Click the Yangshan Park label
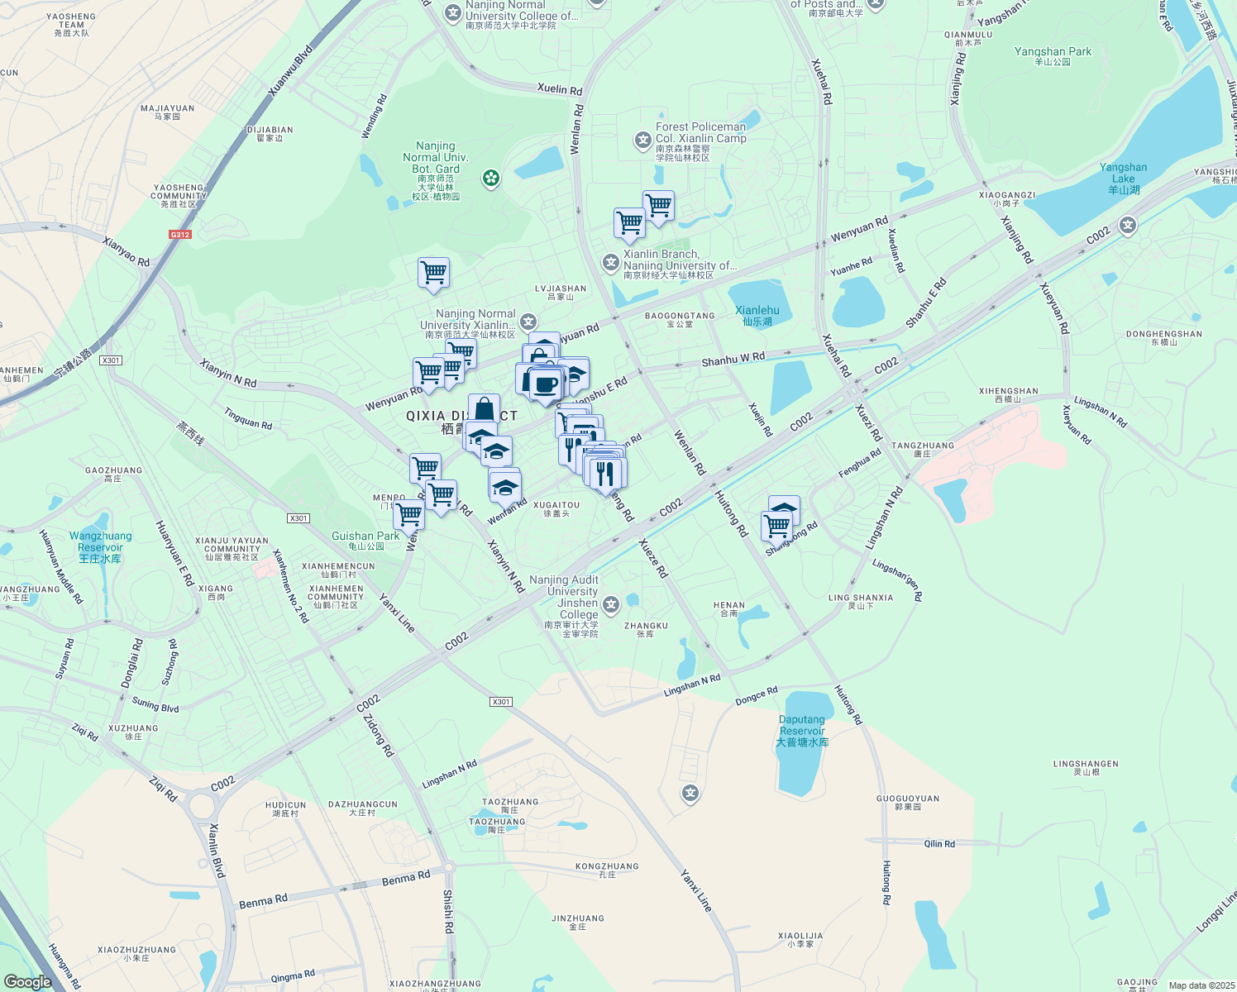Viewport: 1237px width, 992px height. coord(1053,56)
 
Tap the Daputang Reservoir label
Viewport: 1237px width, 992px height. coord(802,731)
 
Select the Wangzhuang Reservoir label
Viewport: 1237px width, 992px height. coord(100,547)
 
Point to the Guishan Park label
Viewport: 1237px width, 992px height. coord(365,540)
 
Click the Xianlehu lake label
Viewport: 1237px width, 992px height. coord(757,315)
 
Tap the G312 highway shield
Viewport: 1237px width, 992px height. coord(180,235)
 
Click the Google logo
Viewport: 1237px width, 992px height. coord(27,981)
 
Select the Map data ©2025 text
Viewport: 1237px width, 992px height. coord(1201,985)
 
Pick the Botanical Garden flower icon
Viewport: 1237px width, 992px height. coord(491,178)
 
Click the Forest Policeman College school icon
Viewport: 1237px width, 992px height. coord(643,141)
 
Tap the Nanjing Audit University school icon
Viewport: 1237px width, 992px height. coord(611,605)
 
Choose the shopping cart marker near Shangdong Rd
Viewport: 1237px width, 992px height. coord(776,525)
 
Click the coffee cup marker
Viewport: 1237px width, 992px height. coord(545,384)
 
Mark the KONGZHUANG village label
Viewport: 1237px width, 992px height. coord(607,870)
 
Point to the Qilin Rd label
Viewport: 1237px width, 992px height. coord(939,844)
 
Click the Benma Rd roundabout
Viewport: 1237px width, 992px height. coord(448,867)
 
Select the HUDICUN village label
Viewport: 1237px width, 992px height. coord(286,808)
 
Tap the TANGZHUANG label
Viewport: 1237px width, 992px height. coord(923,449)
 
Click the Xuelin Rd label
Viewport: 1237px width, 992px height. coord(560,89)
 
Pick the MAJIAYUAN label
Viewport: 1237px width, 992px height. coord(168,112)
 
